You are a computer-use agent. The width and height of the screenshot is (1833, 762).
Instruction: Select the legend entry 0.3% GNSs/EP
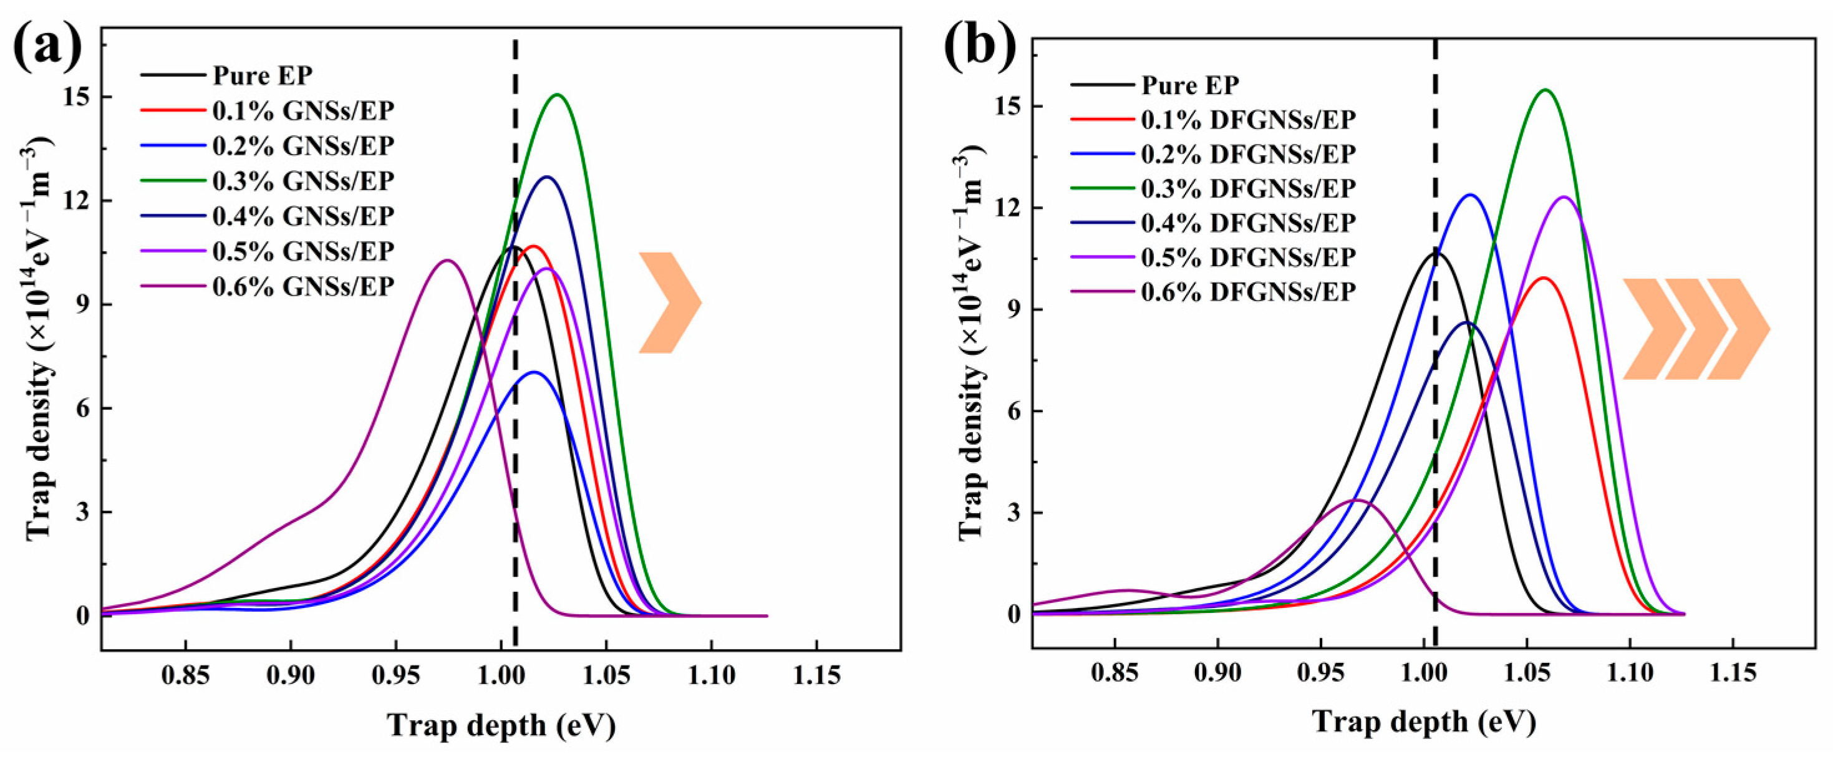(x=302, y=181)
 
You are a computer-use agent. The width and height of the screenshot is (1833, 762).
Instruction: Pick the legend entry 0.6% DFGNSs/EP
(x=1248, y=292)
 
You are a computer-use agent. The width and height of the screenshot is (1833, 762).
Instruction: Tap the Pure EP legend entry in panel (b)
(x=1190, y=85)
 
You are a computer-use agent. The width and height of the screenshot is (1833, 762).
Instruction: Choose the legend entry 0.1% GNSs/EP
(x=302, y=110)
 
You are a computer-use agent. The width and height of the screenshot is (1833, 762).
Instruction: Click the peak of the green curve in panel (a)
(x=557, y=95)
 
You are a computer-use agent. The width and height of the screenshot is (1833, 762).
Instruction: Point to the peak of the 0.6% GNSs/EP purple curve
(x=447, y=261)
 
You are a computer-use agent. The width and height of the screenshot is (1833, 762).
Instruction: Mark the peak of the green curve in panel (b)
(x=1545, y=90)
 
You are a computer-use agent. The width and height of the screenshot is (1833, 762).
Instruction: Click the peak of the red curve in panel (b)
(x=1543, y=278)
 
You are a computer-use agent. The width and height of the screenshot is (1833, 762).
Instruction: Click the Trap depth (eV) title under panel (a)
(x=501, y=726)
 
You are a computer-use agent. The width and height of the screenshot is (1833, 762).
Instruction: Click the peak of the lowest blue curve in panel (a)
(x=534, y=372)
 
